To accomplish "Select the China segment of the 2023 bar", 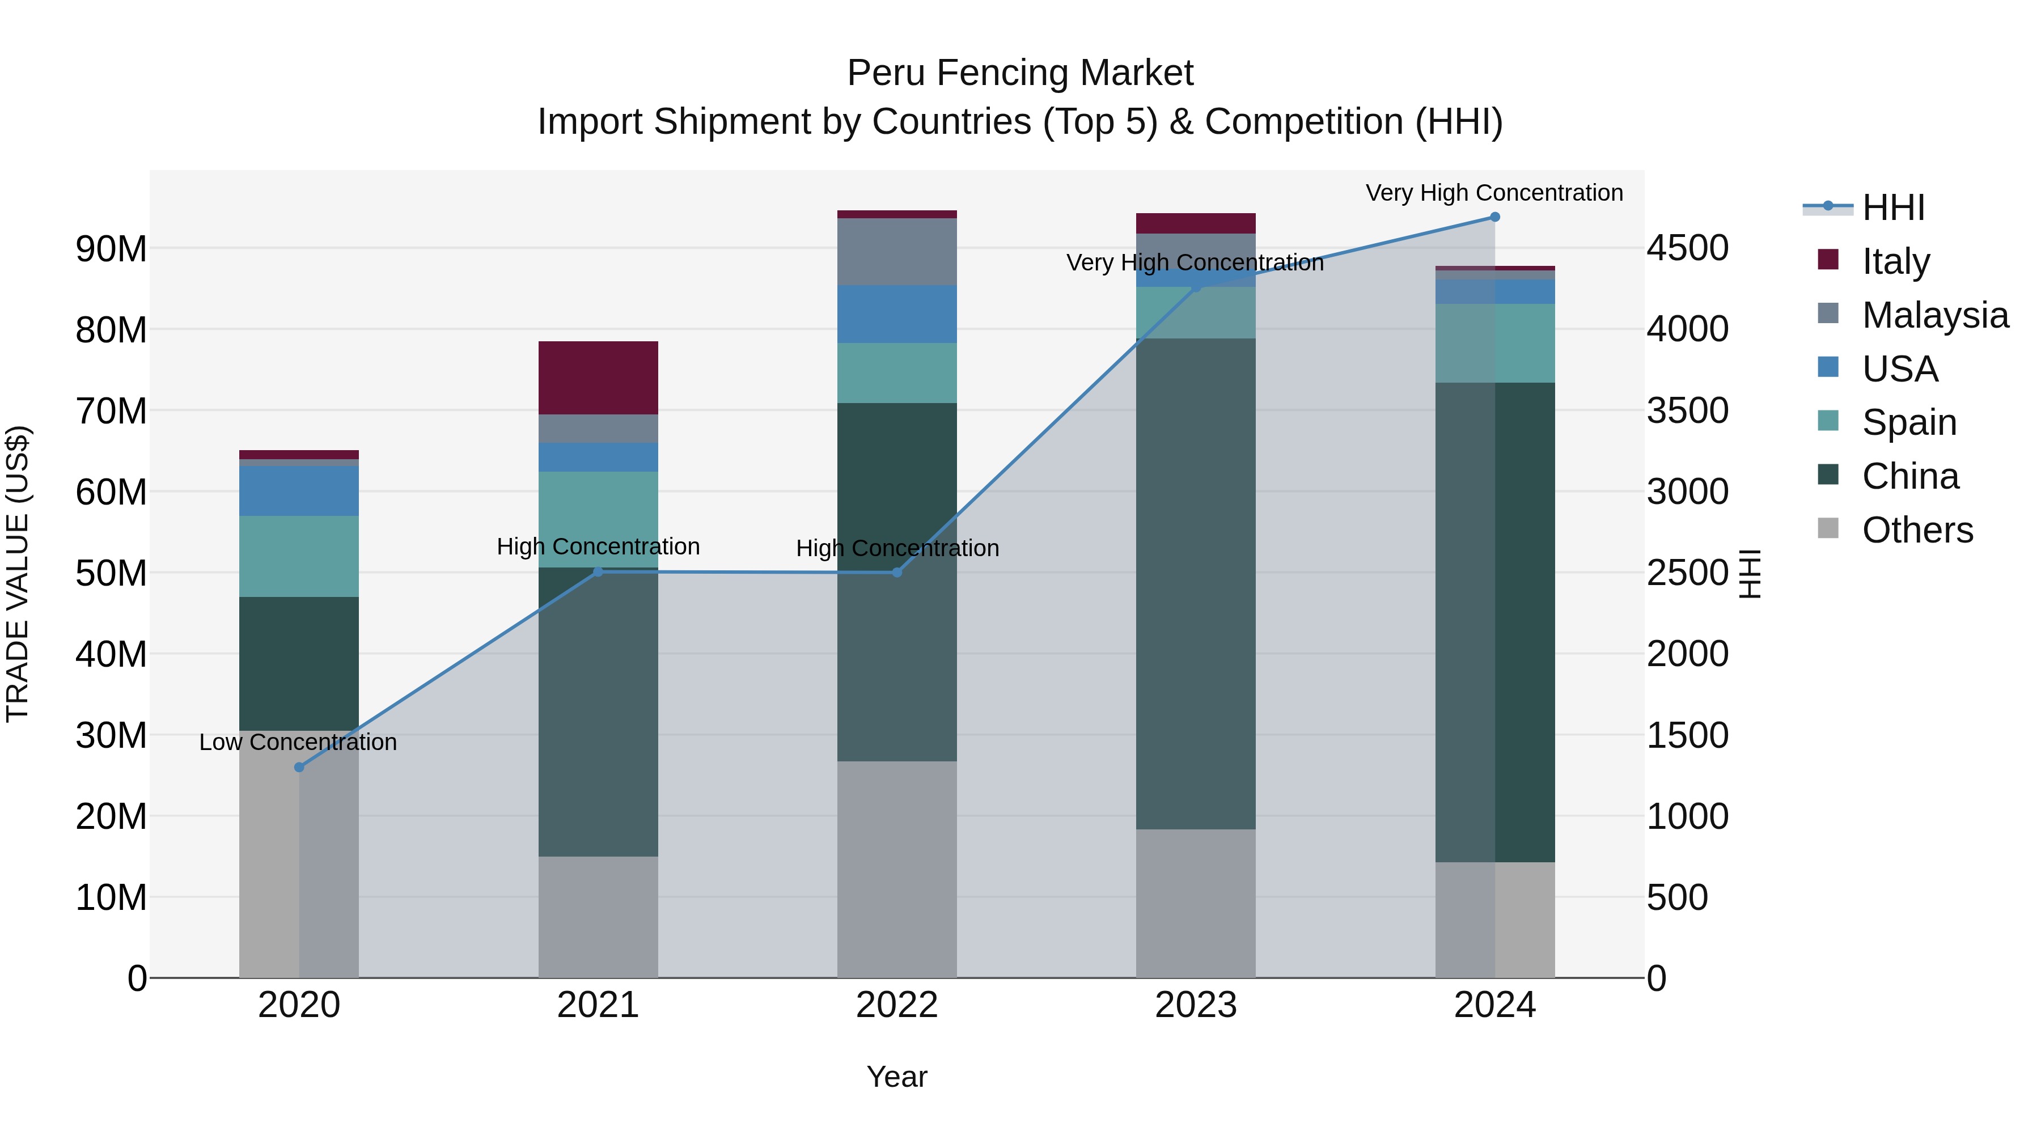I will click(x=1196, y=584).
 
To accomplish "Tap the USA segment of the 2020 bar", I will click(x=299, y=490).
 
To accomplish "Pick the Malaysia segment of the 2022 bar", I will click(x=897, y=252).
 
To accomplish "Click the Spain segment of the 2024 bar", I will click(x=1495, y=343).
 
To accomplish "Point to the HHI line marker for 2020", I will click(x=299, y=767).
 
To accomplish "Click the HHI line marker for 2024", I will click(x=1495, y=217).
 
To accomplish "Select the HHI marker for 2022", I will click(x=897, y=572).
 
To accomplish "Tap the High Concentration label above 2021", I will click(x=598, y=547).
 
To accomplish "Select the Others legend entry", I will click(x=1917, y=530).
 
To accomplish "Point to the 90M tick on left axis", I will click(x=111, y=249).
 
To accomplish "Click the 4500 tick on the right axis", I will click(x=1688, y=248).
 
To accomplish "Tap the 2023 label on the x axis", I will click(x=1196, y=1005).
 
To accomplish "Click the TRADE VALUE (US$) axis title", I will click(x=18, y=574).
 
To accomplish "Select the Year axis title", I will click(x=897, y=1077).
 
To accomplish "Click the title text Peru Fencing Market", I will click(x=1020, y=73).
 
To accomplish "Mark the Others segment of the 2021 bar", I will click(x=598, y=917).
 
